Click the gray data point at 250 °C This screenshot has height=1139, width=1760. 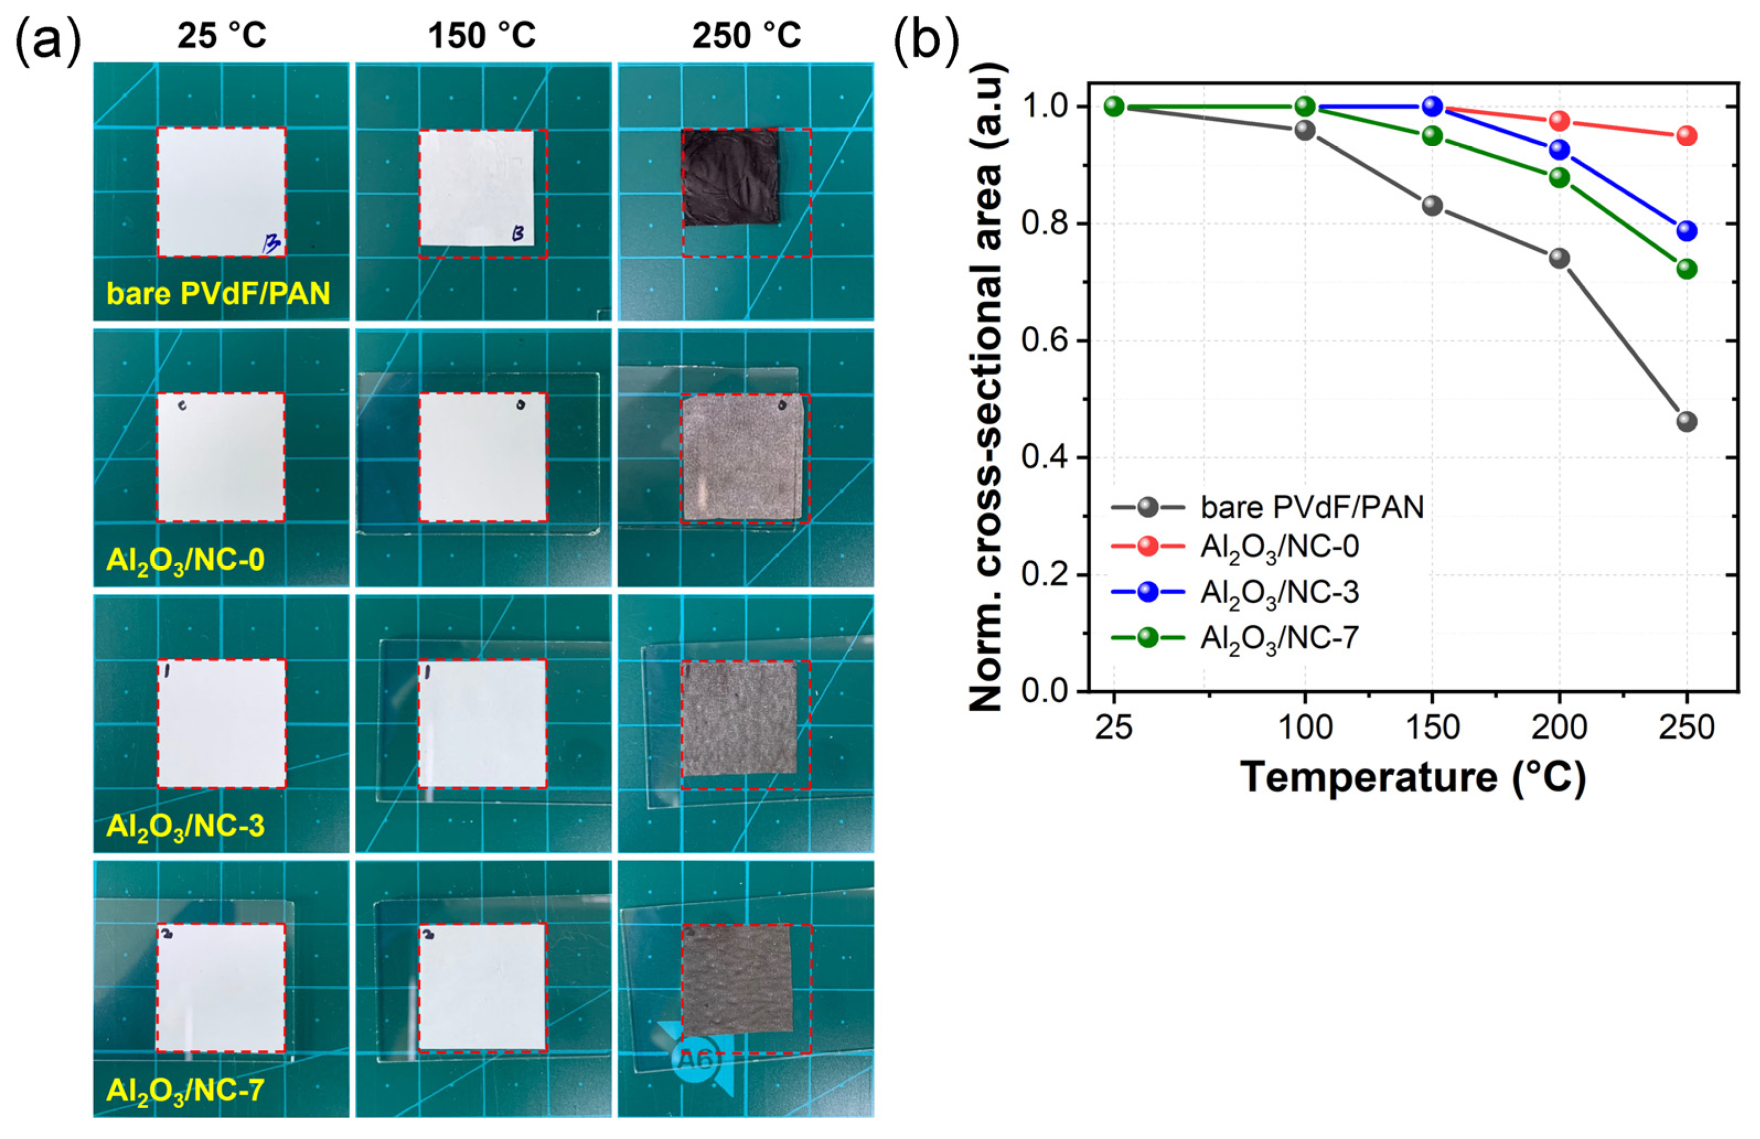point(1687,422)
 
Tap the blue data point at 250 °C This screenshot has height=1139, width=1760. point(1687,231)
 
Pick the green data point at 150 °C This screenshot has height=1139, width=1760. point(1433,136)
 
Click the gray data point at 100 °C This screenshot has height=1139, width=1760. point(1305,130)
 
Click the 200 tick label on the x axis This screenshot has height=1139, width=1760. point(1559,728)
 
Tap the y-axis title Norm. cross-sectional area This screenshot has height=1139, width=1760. point(987,388)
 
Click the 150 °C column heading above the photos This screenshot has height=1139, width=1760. point(482,35)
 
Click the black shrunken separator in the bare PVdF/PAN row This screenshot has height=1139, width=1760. point(730,178)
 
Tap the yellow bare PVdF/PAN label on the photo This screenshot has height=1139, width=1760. point(218,294)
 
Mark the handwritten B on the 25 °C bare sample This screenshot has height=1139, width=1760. point(271,243)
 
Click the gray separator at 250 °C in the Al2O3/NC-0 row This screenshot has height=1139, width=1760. point(742,458)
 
